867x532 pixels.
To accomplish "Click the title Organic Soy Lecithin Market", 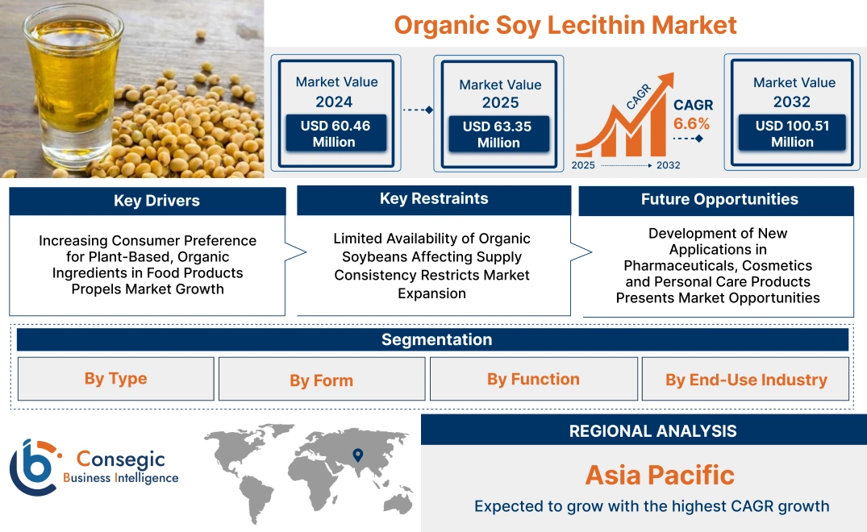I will [565, 25].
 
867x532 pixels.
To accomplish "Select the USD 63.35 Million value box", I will [498, 135].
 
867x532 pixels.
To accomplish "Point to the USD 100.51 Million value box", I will [792, 134].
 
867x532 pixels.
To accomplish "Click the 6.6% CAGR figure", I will [692, 123].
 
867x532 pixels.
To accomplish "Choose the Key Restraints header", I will [434, 199].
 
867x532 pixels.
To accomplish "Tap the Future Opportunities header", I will [719, 200].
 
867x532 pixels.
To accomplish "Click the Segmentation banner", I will [436, 339].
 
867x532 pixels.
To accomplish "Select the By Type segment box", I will [116, 379].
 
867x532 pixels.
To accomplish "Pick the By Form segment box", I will [322, 380].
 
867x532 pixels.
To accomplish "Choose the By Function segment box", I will [533, 379].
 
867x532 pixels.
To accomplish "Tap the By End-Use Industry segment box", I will [746, 380].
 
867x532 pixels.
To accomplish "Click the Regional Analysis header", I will [652, 431].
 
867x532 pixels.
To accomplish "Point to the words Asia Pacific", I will [660, 475].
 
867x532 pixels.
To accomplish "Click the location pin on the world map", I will [359, 455].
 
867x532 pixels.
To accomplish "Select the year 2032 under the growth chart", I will [669, 165].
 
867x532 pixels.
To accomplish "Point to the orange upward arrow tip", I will [667, 77].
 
